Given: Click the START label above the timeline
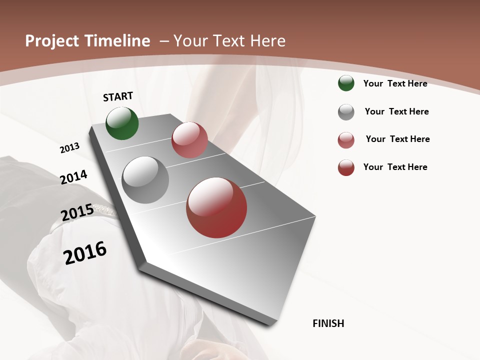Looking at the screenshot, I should click(x=118, y=96).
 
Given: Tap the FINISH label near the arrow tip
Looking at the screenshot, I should click(x=328, y=323).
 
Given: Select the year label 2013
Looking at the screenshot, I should click(x=70, y=147).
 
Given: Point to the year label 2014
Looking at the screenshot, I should click(x=74, y=177).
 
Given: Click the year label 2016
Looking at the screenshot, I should click(x=85, y=253).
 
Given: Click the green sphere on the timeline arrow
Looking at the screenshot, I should click(x=122, y=123).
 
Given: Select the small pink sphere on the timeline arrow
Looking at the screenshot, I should click(x=189, y=140).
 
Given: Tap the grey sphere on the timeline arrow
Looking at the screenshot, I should click(x=145, y=180).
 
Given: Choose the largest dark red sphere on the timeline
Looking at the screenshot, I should click(x=216, y=207).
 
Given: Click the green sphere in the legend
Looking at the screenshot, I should click(x=346, y=83).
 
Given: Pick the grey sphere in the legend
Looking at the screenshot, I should click(x=346, y=112).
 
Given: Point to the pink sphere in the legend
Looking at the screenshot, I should click(x=346, y=140).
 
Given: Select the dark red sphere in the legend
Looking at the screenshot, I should click(x=346, y=167).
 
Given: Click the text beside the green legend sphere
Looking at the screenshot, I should click(x=395, y=83).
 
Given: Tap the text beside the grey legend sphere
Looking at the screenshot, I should click(x=396, y=111).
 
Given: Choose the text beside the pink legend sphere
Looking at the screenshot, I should click(x=397, y=139).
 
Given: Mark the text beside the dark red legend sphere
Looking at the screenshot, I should click(x=395, y=167).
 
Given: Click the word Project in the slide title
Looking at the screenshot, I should click(x=53, y=41).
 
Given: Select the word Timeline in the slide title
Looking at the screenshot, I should click(x=118, y=41).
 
